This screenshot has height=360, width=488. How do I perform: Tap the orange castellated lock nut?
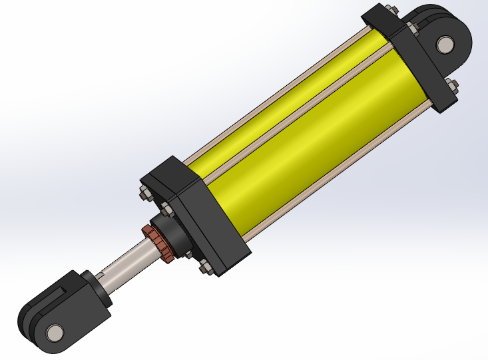159,243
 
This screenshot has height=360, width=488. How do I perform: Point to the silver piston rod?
126,263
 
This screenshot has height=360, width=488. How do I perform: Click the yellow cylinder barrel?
313,133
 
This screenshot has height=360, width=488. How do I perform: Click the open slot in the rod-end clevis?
56,293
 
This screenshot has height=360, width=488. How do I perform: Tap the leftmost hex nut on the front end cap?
142,194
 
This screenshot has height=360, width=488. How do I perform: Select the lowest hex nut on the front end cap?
204,269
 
